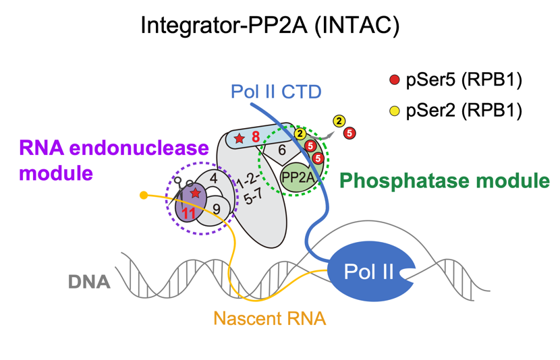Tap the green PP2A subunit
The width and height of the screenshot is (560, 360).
[297, 177]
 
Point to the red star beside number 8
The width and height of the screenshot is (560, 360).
[239, 138]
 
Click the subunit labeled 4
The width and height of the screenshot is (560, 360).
[213, 179]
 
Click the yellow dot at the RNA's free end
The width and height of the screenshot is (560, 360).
[144, 196]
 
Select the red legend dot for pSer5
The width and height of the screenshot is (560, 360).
[395, 81]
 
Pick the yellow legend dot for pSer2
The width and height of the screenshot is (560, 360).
[395, 110]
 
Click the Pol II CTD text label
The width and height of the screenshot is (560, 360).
[276, 91]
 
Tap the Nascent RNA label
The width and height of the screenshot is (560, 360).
[270, 317]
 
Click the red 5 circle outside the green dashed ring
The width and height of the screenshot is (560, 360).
[349, 133]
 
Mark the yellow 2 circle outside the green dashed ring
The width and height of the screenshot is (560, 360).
[339, 121]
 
